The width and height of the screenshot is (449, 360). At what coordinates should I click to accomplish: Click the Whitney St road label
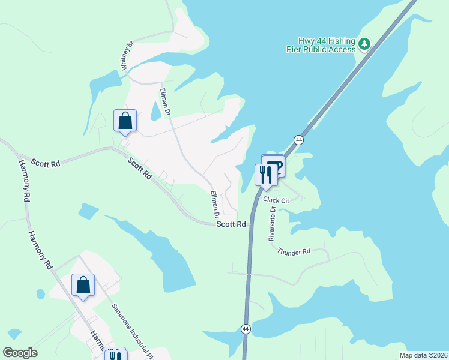[126, 55]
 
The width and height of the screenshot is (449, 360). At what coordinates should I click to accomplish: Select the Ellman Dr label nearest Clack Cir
[214, 205]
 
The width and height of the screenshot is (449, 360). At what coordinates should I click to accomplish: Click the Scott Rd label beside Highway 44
[231, 224]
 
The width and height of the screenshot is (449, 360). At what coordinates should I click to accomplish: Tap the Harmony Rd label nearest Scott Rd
[25, 180]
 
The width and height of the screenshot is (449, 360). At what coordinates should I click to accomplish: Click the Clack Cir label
[276, 199]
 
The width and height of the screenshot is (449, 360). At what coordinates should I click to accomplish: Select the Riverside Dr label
[271, 224]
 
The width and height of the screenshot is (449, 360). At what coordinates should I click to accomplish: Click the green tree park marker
[364, 43]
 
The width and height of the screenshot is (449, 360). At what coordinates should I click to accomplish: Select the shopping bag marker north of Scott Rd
[125, 121]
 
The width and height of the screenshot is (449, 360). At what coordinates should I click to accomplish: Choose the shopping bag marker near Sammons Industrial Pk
[83, 286]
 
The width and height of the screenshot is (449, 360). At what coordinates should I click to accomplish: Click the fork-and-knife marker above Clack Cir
[266, 175]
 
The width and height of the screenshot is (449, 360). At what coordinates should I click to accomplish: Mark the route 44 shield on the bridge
[298, 140]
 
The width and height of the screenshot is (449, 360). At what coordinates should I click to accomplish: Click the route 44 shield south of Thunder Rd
[246, 329]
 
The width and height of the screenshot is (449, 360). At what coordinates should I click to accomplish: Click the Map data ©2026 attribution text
[423, 355]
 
